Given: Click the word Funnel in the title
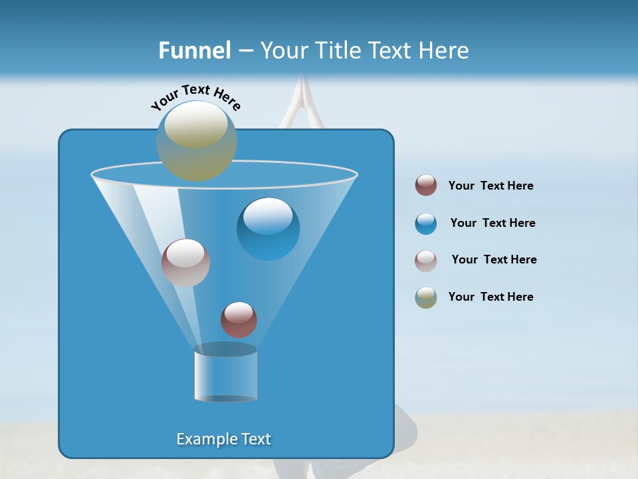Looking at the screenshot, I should [195, 51].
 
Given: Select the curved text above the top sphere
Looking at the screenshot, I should [195, 97].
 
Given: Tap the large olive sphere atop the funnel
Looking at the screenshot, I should [197, 140].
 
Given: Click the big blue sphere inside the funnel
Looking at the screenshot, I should [268, 229].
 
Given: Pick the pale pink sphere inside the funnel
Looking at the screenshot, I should [185, 263].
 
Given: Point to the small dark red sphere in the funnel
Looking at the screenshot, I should [239, 319].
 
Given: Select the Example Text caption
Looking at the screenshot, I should [224, 439].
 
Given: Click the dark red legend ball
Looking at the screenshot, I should [426, 186].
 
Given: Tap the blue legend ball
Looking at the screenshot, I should [426, 224].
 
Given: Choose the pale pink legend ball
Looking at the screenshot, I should [426, 261].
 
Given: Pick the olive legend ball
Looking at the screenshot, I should [426, 297].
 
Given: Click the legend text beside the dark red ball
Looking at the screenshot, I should [490, 186].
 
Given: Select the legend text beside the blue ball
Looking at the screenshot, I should [492, 224].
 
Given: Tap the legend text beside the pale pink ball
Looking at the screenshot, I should [494, 260].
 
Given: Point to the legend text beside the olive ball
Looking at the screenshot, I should [490, 297].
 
